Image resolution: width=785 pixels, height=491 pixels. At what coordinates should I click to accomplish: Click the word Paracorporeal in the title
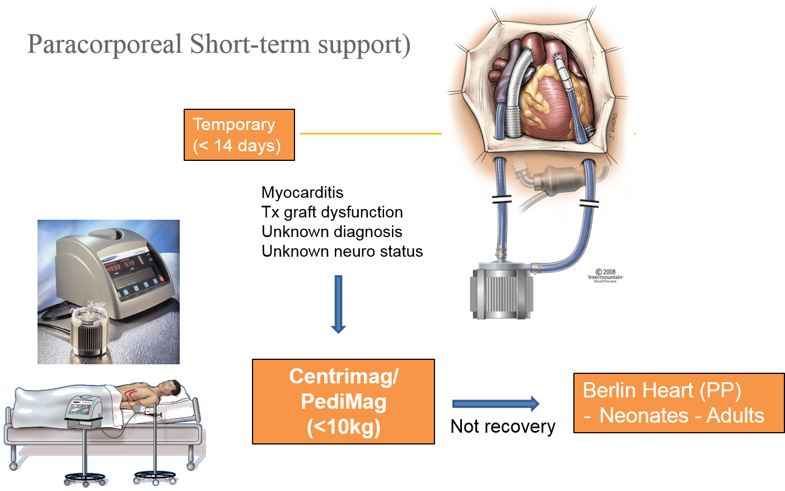105,44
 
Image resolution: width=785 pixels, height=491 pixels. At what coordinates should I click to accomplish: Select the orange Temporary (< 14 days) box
239,135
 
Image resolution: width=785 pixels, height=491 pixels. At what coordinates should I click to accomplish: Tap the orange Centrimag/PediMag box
343,401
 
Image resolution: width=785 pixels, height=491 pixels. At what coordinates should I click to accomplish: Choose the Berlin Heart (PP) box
679,403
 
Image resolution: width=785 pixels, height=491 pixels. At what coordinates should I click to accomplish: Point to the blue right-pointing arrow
496,404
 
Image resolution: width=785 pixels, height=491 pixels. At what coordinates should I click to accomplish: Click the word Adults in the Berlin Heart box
735,416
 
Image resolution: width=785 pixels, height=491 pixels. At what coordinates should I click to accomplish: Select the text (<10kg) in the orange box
343,427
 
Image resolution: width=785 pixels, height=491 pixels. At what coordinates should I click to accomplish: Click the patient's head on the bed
170,388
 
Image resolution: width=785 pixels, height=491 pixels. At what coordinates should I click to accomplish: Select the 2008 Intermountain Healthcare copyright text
605,276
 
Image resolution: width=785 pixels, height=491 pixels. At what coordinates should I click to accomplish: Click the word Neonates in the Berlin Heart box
644,416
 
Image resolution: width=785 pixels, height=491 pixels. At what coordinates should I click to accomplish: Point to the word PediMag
343,401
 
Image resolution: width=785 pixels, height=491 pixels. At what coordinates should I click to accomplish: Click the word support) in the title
364,44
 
